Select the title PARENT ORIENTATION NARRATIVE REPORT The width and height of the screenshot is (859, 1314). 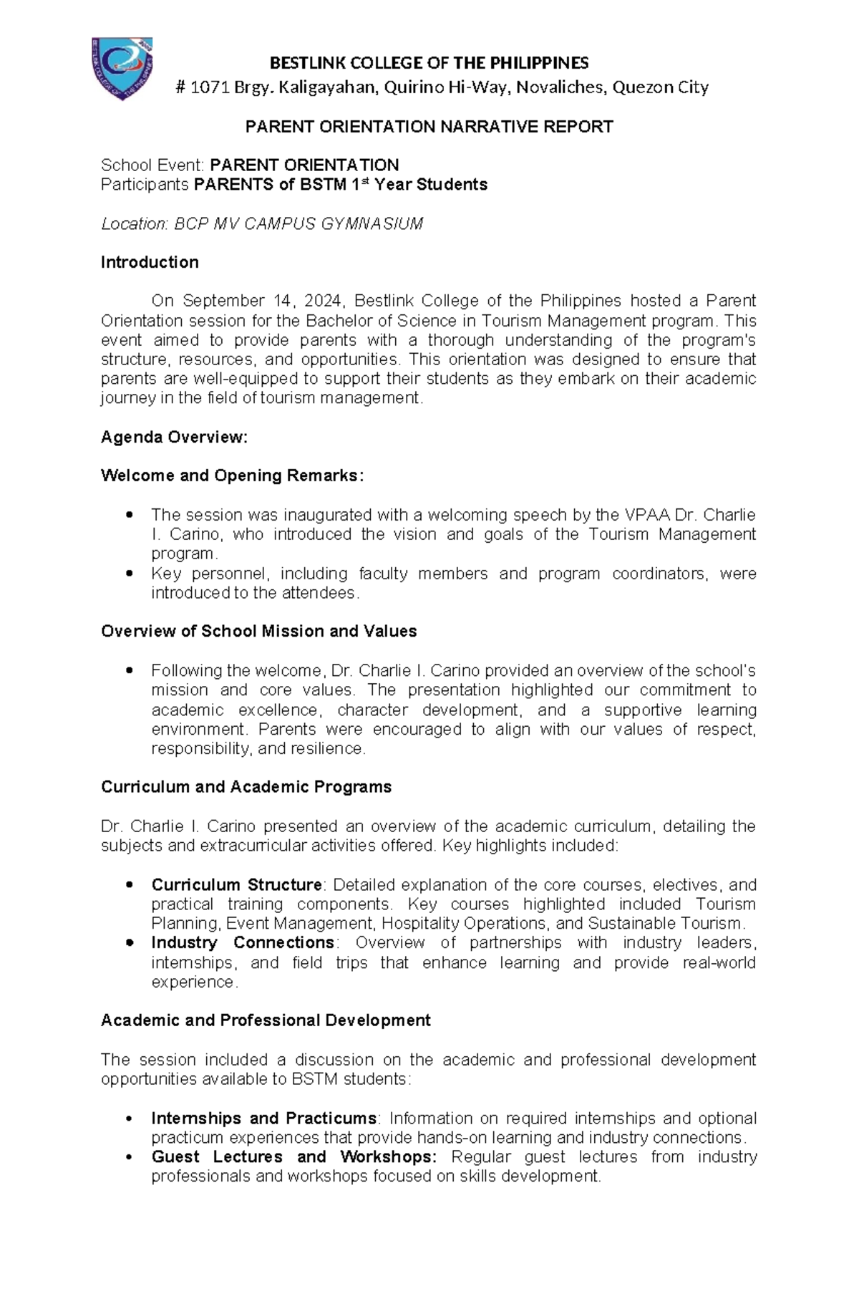click(429, 127)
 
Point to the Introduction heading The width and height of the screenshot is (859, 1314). click(150, 262)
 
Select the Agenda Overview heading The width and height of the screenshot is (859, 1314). click(174, 437)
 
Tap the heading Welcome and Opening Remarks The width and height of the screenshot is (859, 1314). click(232, 475)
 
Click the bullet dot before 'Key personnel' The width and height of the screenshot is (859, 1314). click(129, 574)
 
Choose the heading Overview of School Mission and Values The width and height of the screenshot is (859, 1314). click(258, 632)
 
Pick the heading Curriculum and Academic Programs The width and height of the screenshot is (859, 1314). click(246, 787)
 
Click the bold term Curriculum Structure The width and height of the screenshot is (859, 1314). click(236, 885)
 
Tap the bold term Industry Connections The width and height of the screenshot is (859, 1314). click(242, 943)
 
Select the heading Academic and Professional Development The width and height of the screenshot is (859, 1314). click(266, 1020)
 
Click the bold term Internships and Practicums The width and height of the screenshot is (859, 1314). click(263, 1119)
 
